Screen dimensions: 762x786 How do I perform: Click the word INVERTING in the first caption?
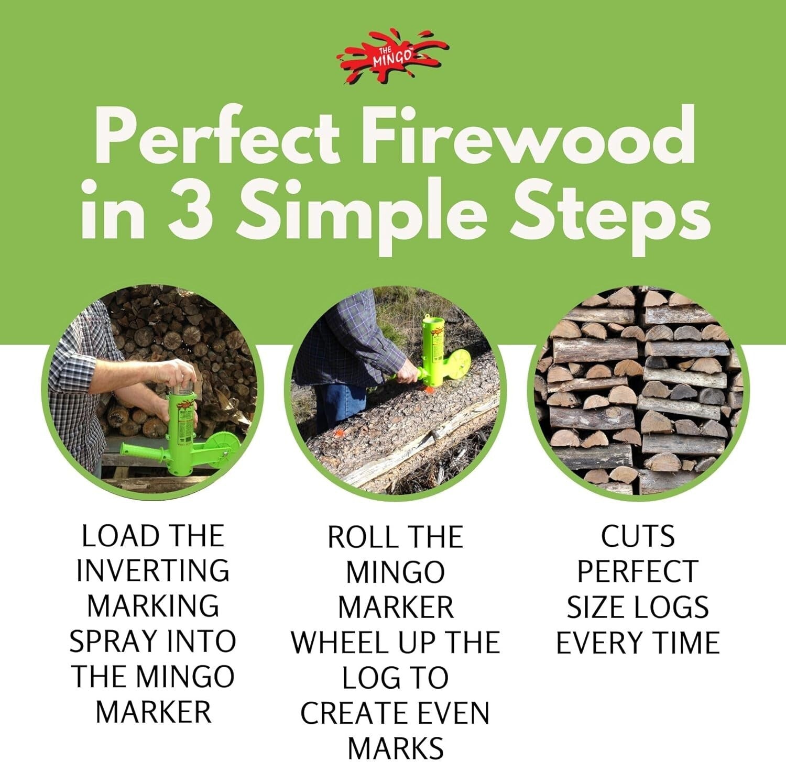click(152, 571)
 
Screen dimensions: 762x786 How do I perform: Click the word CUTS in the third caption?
click(637, 537)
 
